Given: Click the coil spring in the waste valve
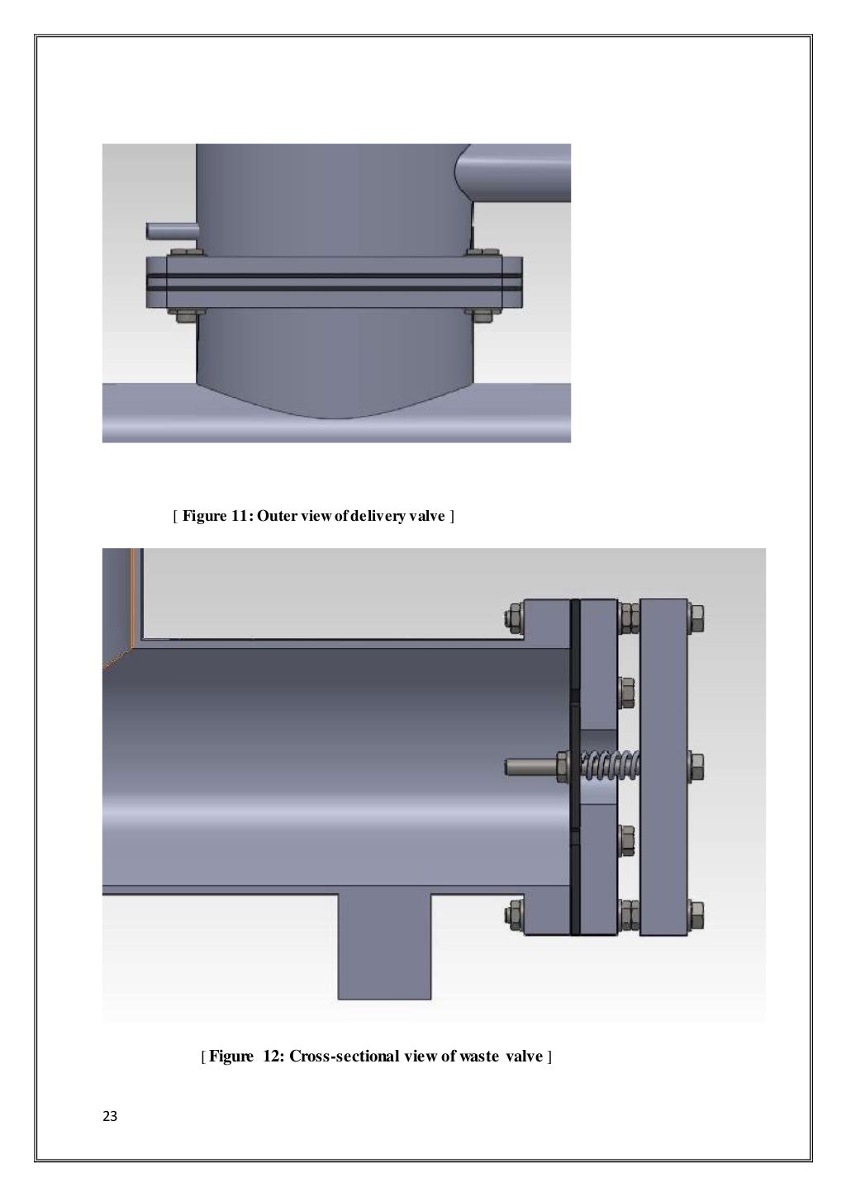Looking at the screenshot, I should coord(611,766).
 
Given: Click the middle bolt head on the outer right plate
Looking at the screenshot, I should coord(696,766).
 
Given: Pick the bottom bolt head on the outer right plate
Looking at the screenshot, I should coord(696,913).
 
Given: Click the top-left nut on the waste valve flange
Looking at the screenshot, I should coord(512,616).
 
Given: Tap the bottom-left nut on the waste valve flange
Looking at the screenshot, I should coord(512,913).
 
